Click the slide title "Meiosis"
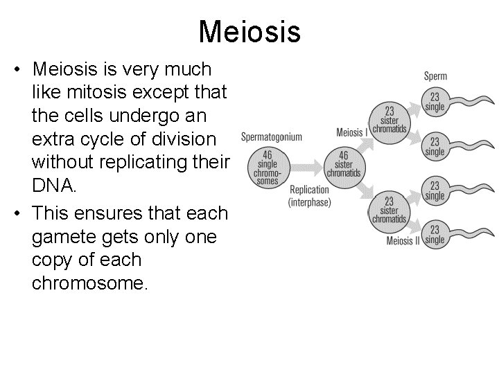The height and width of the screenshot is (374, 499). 249,31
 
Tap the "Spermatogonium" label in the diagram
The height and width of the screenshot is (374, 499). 272,136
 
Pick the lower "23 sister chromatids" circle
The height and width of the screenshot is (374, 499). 389,210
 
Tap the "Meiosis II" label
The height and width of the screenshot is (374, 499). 404,241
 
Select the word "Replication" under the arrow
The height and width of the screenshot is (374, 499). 309,190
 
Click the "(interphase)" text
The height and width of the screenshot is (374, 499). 310,202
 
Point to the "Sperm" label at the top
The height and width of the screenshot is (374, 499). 435,76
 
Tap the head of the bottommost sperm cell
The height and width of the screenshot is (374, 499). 435,235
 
